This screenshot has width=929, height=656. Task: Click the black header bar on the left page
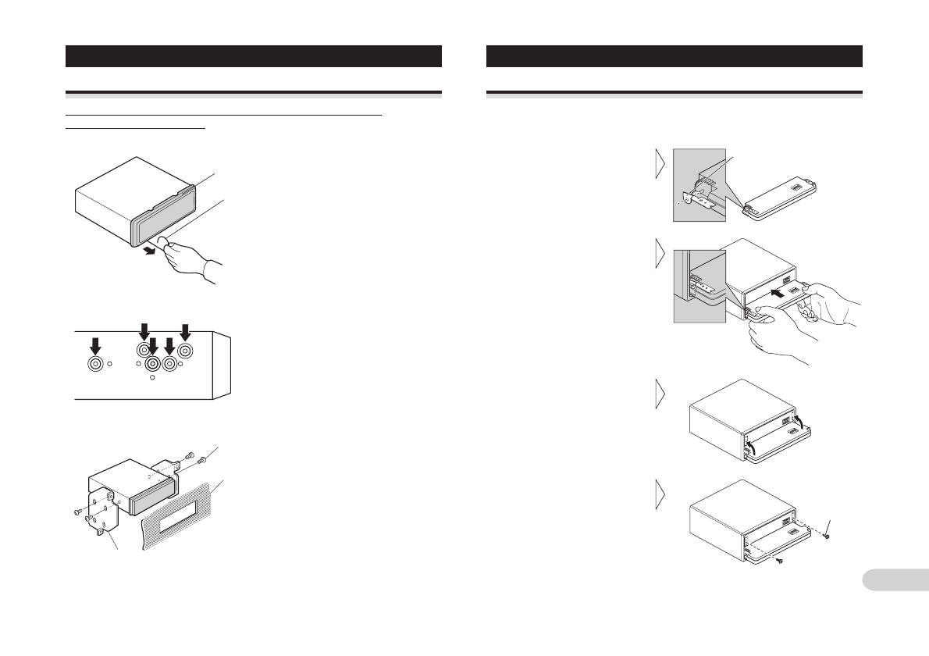pos(254,56)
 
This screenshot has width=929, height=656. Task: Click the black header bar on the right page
pos(674,56)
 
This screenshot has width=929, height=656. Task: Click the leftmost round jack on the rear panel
pos(95,363)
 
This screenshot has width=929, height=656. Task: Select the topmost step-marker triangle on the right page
pos(660,165)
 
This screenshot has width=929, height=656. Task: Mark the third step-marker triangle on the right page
pos(660,394)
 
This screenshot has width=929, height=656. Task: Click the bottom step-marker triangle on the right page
pos(660,494)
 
